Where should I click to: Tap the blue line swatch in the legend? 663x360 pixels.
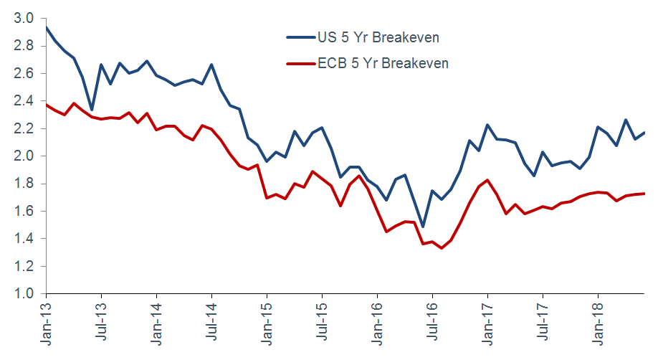[x=297, y=37]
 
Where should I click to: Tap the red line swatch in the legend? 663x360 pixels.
[x=297, y=63]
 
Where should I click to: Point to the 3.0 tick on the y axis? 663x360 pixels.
[x=24, y=18]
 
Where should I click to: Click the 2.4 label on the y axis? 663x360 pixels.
[x=24, y=100]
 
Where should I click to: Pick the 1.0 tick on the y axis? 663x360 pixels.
[x=24, y=293]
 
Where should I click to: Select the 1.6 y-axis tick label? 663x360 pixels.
[x=24, y=211]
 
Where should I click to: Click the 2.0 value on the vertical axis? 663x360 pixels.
[x=24, y=156]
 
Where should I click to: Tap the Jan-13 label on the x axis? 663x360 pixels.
[x=47, y=323]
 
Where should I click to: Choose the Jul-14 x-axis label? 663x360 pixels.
[x=212, y=323]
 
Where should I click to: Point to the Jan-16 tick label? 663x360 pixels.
[x=378, y=323]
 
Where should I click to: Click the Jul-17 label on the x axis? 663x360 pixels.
[x=543, y=323]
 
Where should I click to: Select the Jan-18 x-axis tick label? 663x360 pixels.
[x=598, y=323]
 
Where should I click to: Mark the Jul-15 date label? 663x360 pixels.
[x=323, y=323]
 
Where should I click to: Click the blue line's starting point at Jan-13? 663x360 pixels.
[x=47, y=27]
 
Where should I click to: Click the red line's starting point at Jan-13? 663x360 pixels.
[x=47, y=105]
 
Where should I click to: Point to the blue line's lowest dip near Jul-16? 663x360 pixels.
[x=423, y=227]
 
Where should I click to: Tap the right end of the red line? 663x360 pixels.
[x=644, y=193]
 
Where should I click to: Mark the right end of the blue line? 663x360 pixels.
[x=644, y=133]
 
